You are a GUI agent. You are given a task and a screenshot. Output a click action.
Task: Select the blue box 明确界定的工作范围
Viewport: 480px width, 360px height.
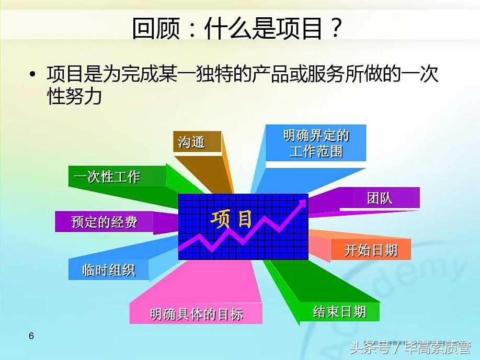click(315, 143)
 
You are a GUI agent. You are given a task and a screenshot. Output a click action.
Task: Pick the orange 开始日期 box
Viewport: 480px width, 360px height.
click(370, 250)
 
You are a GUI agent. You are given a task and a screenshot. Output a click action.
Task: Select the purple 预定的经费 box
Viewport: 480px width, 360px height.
click(104, 222)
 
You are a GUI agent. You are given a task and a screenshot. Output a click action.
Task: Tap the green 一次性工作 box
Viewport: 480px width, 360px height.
click(107, 176)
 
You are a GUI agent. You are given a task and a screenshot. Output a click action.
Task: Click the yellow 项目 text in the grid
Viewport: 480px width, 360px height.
click(231, 219)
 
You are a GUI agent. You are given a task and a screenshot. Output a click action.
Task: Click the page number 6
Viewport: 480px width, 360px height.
click(31, 335)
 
